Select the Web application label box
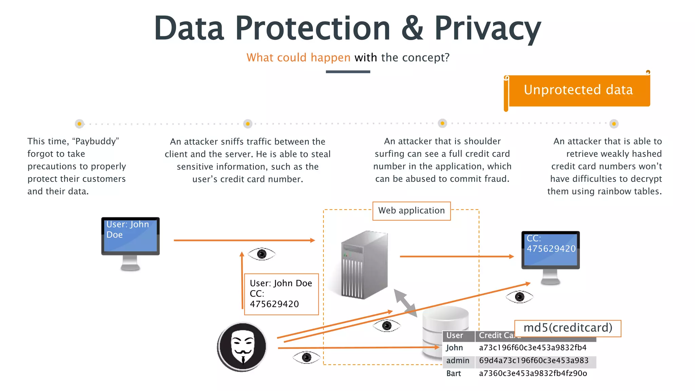point(411,211)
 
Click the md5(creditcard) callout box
point(568,328)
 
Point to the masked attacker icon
point(242,347)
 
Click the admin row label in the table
point(457,361)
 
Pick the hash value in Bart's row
point(533,374)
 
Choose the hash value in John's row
point(532,348)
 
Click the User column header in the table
point(455,336)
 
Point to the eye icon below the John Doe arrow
point(262,254)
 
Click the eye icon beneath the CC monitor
point(519,297)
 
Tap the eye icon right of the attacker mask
point(306,357)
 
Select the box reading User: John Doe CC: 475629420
point(281,294)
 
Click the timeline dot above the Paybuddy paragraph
point(79,124)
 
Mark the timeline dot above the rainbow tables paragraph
point(614,124)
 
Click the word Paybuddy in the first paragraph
point(96,142)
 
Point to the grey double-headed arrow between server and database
point(405,303)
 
